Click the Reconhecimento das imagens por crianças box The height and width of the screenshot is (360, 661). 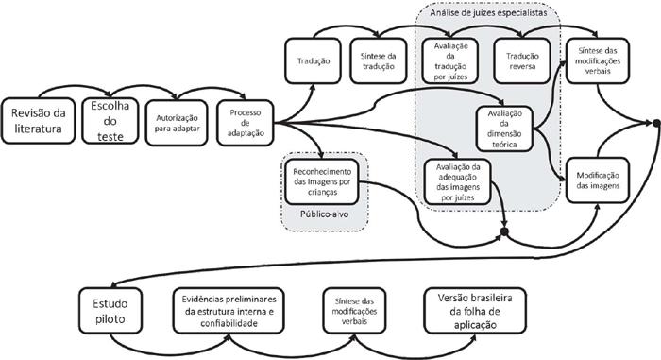click(x=323, y=180)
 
